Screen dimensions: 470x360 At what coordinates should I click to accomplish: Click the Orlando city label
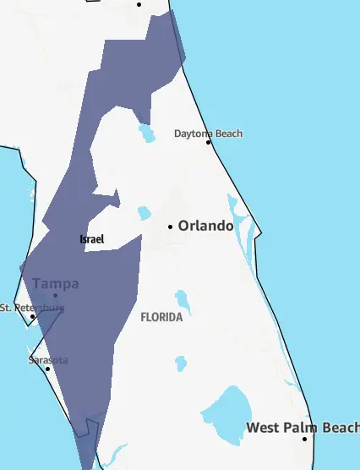coord(205,226)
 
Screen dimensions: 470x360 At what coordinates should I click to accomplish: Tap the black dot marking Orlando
coord(170,227)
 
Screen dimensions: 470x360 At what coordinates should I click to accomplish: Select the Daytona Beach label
coord(208,134)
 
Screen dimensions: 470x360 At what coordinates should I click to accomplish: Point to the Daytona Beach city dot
coord(209,142)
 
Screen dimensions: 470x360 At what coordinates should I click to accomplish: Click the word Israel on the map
coord(91,239)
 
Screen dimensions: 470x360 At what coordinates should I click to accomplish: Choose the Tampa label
coord(56,283)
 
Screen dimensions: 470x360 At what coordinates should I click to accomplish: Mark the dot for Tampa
coord(56,295)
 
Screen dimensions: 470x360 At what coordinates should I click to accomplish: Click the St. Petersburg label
coord(31,307)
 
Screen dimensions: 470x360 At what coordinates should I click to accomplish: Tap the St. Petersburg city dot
coord(33,316)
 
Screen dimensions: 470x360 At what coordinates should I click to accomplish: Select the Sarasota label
coord(48,360)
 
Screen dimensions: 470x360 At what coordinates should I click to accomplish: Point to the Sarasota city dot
coord(47,369)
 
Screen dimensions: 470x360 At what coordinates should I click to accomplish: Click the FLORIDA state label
coord(161,318)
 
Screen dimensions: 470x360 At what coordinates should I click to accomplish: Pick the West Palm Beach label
coord(303,428)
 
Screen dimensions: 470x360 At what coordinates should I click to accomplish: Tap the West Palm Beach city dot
coord(305,438)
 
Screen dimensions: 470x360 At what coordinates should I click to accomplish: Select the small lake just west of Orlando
coord(144,213)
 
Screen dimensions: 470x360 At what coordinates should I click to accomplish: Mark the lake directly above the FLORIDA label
coord(182,300)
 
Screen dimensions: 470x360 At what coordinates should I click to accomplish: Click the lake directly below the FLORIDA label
coord(180,363)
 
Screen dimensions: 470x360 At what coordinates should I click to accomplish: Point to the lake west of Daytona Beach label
coord(147,133)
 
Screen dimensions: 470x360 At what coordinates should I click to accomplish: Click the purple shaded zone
coord(93,287)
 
